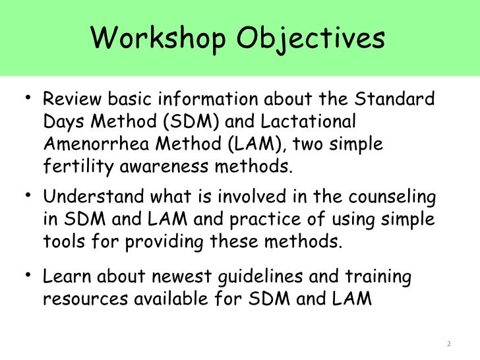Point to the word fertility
click(x=78, y=166)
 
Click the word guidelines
click(x=243, y=278)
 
